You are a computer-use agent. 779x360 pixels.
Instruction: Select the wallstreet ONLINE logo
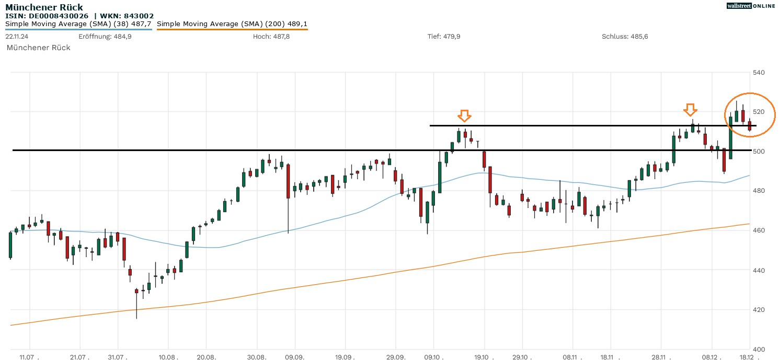click(x=751, y=6)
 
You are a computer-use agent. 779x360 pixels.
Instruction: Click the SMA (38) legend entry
click(x=78, y=24)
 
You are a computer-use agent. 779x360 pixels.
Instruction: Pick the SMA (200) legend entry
click(x=232, y=24)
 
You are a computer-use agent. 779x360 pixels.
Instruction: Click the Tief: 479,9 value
click(x=444, y=36)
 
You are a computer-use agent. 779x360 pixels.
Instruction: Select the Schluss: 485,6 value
click(x=625, y=36)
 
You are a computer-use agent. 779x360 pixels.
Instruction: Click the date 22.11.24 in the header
click(x=17, y=36)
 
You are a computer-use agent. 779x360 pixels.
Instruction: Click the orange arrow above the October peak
click(x=464, y=115)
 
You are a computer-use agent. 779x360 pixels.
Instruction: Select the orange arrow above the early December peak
click(x=691, y=109)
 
